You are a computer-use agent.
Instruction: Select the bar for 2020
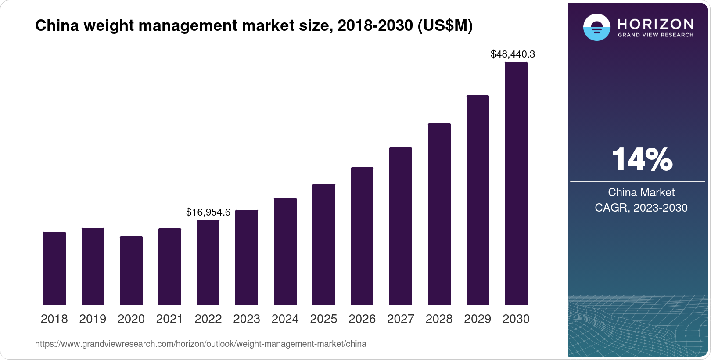click(131, 270)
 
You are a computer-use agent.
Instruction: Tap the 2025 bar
click(323, 245)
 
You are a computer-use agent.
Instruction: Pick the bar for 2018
click(54, 268)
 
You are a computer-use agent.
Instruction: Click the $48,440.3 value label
click(513, 54)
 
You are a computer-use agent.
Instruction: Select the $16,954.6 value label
click(208, 212)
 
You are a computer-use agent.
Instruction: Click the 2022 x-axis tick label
click(208, 319)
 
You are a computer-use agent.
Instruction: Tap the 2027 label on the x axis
click(400, 319)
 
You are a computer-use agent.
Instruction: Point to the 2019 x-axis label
click(93, 319)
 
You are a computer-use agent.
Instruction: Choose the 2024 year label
click(285, 319)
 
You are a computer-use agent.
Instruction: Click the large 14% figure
click(642, 159)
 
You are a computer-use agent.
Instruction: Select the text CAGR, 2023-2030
click(641, 208)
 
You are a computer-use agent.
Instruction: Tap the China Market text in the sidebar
click(641, 192)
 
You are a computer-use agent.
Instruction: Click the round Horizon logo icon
click(596, 27)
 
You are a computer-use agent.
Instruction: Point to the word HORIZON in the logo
click(655, 24)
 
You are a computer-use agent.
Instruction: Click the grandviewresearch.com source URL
click(201, 344)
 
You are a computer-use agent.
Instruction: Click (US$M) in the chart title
click(445, 25)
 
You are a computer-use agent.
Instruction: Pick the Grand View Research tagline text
click(655, 35)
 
